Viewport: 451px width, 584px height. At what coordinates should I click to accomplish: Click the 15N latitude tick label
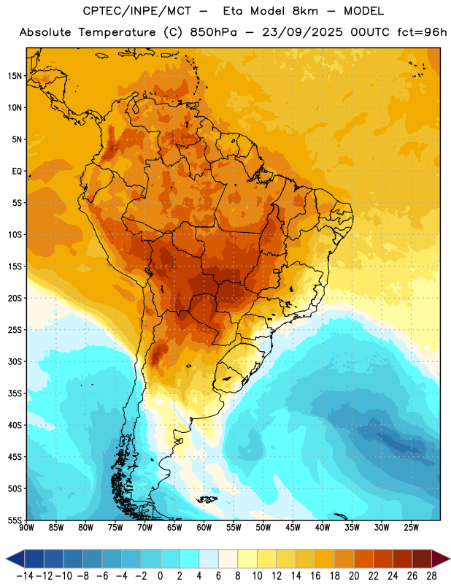pos(15,76)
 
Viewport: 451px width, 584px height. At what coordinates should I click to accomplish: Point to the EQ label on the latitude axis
pos(17,172)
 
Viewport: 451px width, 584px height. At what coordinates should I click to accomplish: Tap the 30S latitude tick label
pos(15,361)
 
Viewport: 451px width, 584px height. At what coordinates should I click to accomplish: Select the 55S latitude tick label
pos(15,520)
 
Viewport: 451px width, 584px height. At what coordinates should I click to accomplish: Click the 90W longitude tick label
pos(26,528)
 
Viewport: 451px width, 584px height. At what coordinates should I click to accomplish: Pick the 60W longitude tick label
pos(204,528)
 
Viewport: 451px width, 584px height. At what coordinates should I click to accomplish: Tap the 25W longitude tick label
pos(411,528)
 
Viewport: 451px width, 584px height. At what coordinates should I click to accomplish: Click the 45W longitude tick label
pos(293,528)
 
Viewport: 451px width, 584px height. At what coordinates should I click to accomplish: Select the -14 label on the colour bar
pos(25,576)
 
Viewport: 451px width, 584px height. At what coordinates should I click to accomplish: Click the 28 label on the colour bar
pos(431,576)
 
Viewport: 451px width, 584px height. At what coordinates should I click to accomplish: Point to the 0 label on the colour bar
pos(160,576)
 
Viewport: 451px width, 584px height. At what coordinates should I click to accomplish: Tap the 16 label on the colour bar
pos(315,576)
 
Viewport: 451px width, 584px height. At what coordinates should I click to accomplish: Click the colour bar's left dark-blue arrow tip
pos(6,558)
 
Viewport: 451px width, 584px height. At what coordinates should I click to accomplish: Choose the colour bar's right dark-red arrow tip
pos(450,558)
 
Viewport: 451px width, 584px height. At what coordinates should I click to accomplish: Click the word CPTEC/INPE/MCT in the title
pos(137,11)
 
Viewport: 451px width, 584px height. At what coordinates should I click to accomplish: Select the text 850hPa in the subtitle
pos(213,32)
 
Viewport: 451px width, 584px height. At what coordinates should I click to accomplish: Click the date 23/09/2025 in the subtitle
pos(302,32)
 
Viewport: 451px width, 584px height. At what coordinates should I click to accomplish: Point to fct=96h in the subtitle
pos(422,32)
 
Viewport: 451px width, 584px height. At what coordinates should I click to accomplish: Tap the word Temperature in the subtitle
pos(117,33)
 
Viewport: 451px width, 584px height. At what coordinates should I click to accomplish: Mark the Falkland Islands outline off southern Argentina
pos(207,499)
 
